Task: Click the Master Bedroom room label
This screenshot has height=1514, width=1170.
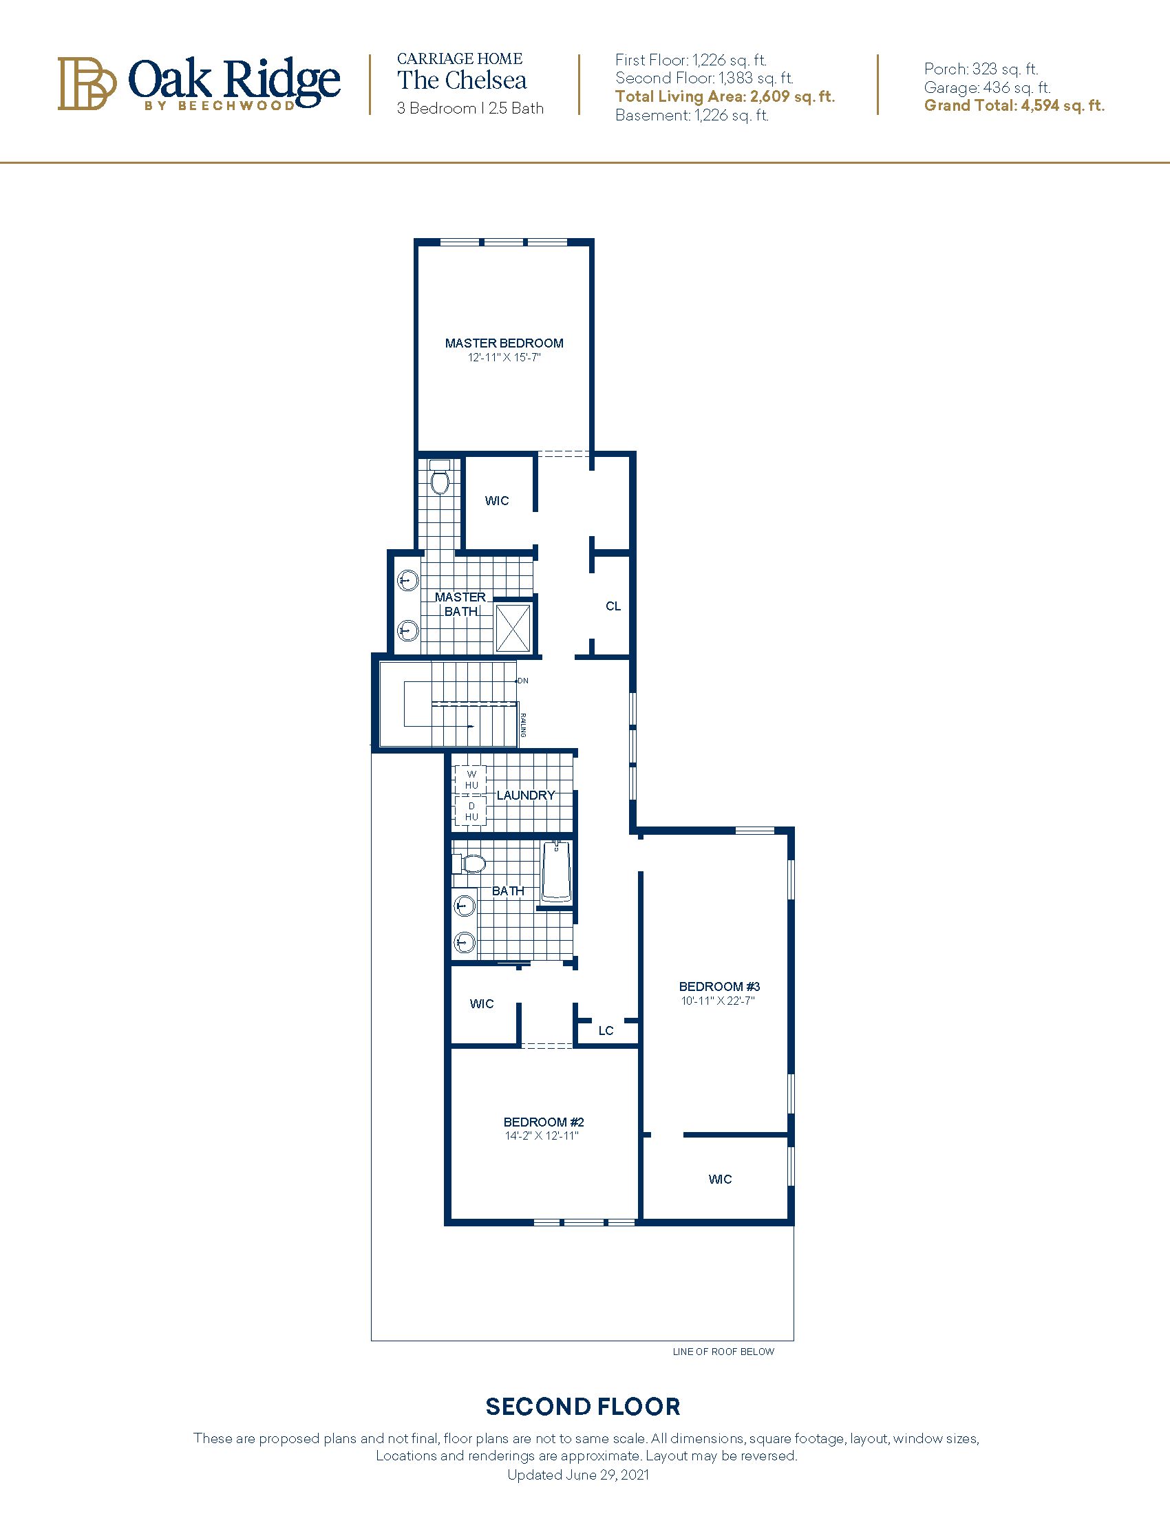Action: (504, 343)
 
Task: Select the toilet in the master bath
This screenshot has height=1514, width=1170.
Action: (440, 479)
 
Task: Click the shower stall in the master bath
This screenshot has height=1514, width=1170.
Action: (513, 627)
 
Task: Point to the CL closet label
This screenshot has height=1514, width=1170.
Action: (613, 606)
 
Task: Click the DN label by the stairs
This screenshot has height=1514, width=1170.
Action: (523, 681)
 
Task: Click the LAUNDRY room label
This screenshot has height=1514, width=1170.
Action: (526, 795)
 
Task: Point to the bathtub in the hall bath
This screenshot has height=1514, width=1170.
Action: (556, 871)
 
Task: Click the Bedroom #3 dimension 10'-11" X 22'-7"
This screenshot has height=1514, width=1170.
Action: (718, 1001)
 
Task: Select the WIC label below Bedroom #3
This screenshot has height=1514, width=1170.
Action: (720, 1179)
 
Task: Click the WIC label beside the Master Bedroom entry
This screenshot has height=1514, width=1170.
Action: (497, 500)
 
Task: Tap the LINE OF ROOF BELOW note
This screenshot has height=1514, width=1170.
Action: (723, 1352)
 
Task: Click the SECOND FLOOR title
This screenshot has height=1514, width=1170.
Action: (583, 1407)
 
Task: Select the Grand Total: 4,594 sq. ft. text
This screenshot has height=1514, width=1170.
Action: (1014, 106)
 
